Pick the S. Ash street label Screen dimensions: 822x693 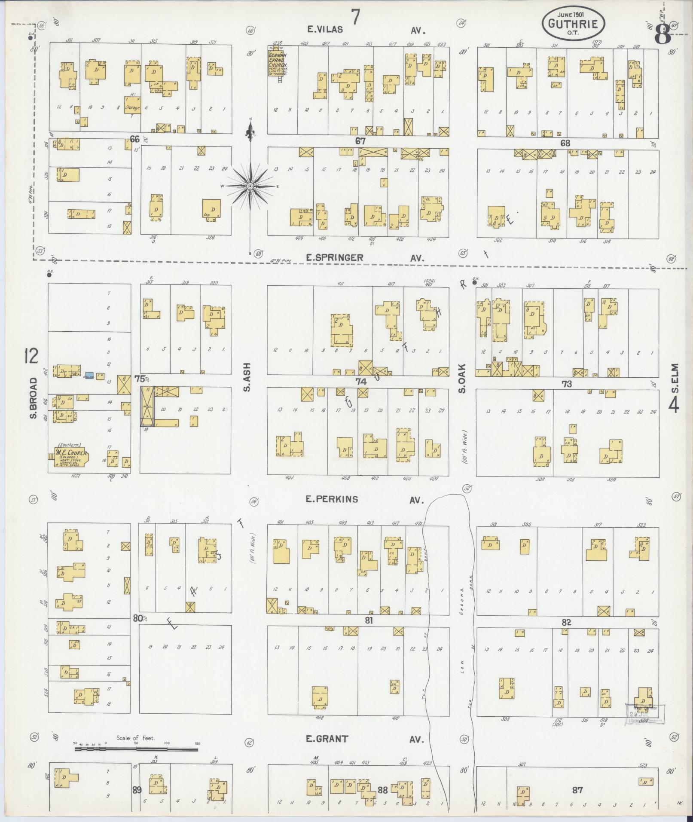coord(247,378)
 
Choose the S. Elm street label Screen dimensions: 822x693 coord(675,378)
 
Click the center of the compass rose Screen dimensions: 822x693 coord(250,186)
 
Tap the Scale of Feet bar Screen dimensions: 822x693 coord(137,749)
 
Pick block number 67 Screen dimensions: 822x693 coord(360,141)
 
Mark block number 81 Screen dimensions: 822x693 coord(369,620)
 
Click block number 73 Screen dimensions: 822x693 coord(567,384)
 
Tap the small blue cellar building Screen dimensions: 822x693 coord(89,375)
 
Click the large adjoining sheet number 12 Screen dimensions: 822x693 coord(31,356)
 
